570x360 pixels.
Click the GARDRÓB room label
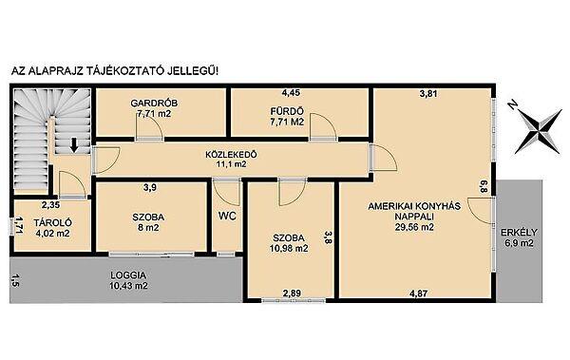[154, 104]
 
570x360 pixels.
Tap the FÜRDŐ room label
[287, 111]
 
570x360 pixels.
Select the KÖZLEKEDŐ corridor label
[231, 155]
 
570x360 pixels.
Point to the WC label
[227, 216]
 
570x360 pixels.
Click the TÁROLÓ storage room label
[52, 222]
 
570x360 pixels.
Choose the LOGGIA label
[128, 275]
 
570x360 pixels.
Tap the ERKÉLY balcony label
[519, 233]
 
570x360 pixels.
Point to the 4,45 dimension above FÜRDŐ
[292, 93]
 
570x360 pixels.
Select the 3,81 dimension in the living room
[428, 94]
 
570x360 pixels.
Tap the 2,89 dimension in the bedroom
[292, 294]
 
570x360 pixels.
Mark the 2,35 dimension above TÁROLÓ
[50, 205]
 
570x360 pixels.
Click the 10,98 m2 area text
[289, 248]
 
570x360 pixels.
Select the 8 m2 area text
[148, 228]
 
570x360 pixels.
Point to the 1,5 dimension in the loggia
[14, 281]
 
